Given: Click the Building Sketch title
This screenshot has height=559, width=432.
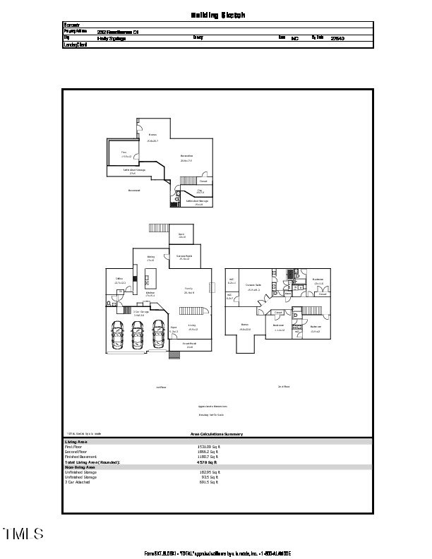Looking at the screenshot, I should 218,14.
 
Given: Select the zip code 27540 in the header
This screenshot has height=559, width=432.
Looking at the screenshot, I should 337,38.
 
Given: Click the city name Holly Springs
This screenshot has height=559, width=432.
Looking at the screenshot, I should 88,38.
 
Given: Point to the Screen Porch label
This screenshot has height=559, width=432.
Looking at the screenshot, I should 184,257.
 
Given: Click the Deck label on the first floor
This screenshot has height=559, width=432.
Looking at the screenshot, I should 181,236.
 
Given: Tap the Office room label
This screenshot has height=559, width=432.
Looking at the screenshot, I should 119,280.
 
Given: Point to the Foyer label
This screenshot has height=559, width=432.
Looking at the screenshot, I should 174,328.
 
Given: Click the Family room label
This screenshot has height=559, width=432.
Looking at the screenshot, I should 188,290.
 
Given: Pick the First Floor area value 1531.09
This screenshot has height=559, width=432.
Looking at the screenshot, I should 208,447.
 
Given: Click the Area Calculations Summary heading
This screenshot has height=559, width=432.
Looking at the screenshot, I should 216,434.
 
